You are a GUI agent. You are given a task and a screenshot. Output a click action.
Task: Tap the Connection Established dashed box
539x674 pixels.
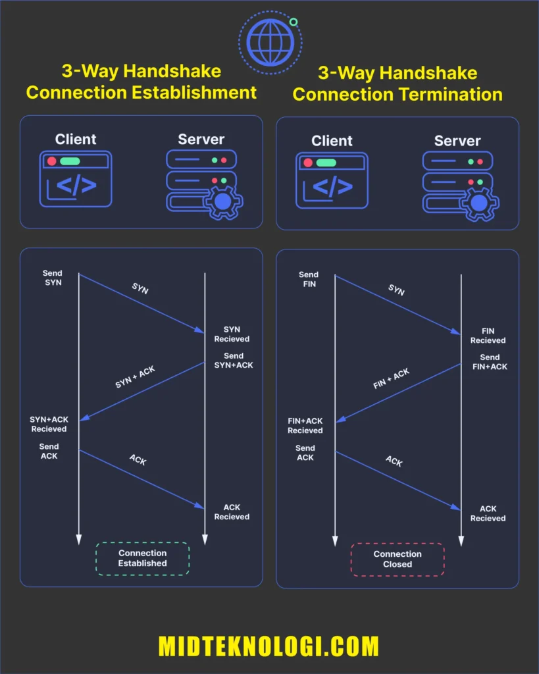(x=142, y=558)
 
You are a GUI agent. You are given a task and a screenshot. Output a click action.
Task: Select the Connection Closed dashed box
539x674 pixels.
(x=397, y=559)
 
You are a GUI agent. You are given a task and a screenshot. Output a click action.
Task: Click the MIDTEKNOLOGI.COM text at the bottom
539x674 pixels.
(x=269, y=646)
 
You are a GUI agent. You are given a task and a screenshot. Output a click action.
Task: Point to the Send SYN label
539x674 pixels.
(x=53, y=278)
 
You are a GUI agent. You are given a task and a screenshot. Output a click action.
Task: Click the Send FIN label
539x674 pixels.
(x=308, y=279)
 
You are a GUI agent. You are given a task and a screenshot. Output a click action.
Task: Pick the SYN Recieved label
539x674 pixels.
(x=232, y=334)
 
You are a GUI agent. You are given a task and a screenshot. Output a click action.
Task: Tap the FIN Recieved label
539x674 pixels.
(x=488, y=336)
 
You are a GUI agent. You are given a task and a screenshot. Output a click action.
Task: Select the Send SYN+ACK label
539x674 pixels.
(x=233, y=361)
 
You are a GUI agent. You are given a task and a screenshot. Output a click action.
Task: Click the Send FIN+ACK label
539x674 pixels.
(x=490, y=362)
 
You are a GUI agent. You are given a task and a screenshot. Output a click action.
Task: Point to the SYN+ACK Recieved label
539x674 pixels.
(x=49, y=424)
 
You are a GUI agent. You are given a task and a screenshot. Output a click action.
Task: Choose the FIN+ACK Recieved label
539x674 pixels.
(x=305, y=426)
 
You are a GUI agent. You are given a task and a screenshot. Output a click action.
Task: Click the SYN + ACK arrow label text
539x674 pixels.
(x=136, y=377)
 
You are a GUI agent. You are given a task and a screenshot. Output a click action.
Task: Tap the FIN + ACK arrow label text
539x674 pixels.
(x=392, y=378)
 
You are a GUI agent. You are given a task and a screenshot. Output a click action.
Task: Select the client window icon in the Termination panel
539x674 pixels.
(x=332, y=180)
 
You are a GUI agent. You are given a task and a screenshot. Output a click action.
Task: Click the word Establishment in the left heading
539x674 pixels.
(x=194, y=92)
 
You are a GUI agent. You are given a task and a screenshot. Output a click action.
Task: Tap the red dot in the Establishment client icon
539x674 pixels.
(x=51, y=161)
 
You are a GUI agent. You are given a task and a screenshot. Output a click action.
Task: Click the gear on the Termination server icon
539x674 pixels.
(x=478, y=203)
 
